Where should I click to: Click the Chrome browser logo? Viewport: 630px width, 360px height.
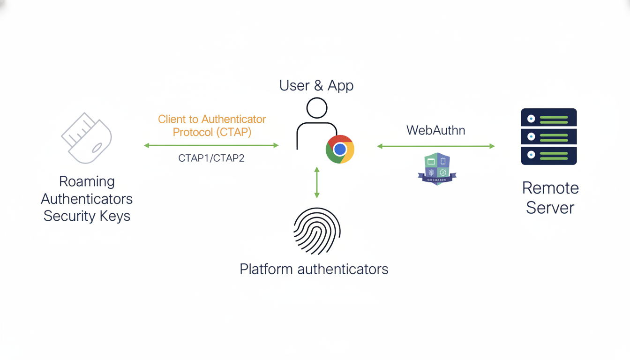tap(340, 149)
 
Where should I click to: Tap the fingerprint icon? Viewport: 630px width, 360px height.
tap(317, 232)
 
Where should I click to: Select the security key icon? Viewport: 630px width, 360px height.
tap(87, 138)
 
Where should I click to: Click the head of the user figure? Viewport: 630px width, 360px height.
tap(317, 108)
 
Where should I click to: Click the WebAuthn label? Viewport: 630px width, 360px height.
tap(435, 130)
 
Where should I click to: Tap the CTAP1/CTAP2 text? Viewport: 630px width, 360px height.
tap(211, 158)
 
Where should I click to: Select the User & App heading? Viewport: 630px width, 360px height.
tap(316, 86)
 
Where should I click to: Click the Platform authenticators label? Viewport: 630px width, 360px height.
tap(314, 269)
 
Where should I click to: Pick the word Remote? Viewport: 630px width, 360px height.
tap(550, 188)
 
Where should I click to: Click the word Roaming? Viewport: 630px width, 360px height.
tap(87, 181)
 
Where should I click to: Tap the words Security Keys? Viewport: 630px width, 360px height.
tap(87, 216)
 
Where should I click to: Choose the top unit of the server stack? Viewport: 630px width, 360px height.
tap(549, 119)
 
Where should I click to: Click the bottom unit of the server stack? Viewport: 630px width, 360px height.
tap(549, 155)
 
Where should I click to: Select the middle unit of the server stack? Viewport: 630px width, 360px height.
tap(549, 136)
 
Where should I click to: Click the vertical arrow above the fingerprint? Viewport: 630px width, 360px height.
tap(317, 182)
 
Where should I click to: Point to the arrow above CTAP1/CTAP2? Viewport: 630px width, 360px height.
tap(211, 146)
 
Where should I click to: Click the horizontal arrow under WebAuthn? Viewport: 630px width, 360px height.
tap(436, 146)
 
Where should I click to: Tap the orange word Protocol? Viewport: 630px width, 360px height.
tap(192, 132)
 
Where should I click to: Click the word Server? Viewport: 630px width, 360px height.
tap(550, 207)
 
